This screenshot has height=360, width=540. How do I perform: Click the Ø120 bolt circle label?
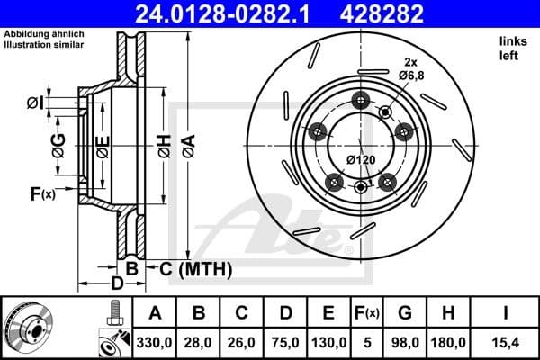click(361, 160)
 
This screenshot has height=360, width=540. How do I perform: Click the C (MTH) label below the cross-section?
click(196, 268)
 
